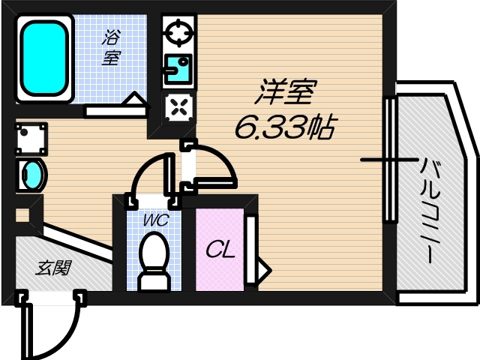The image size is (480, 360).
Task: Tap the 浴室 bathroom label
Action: point(112,46)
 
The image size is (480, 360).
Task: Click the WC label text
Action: point(156,221)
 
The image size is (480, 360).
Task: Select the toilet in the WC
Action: point(154,259)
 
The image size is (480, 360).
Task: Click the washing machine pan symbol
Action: point(31,139)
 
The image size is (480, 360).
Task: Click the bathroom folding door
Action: point(116,106)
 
